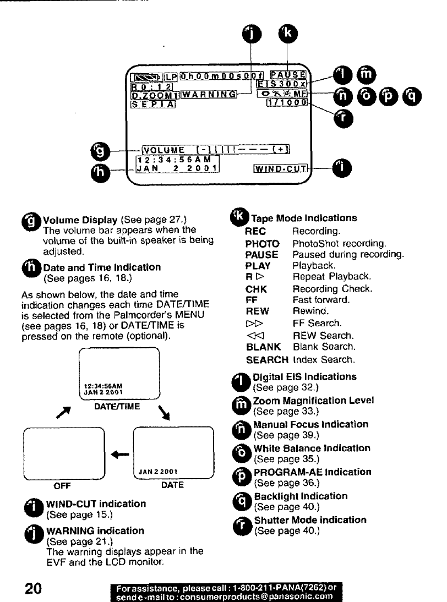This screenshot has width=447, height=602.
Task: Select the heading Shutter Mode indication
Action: tap(310, 520)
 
